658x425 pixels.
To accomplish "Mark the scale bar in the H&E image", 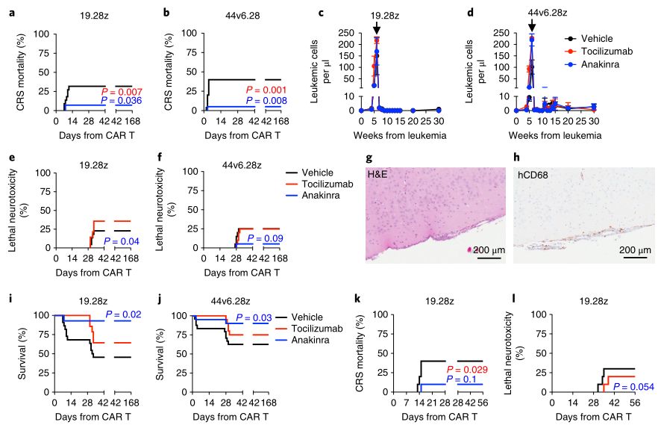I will click(x=489, y=261).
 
